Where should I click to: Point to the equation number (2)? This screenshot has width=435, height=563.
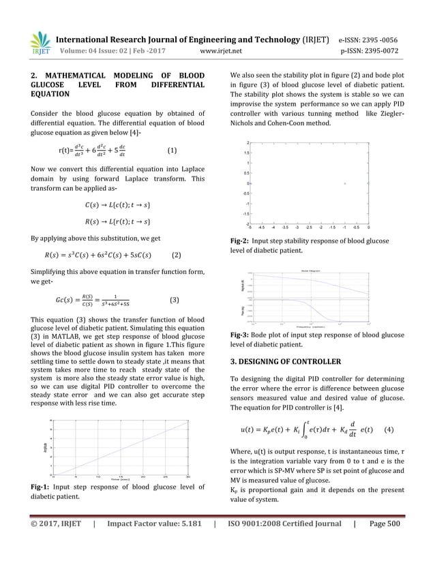(177, 256)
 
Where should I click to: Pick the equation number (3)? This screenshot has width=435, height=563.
(173, 299)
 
